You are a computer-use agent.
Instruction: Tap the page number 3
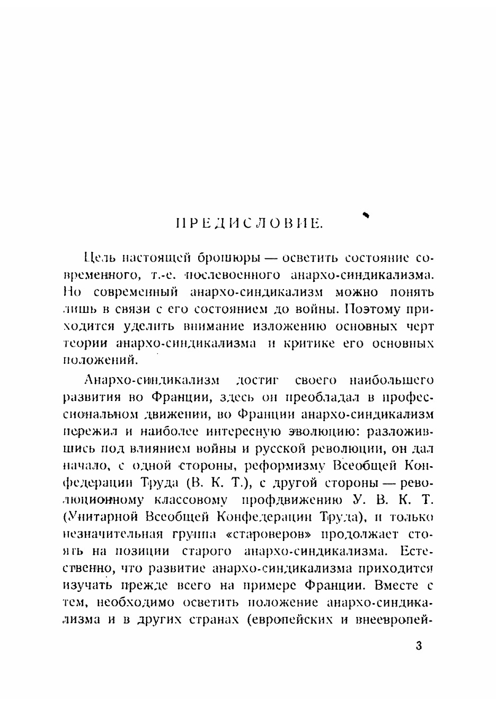[419, 647]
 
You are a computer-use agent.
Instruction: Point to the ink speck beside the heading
[365, 214]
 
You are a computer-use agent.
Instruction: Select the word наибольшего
[392, 380]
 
